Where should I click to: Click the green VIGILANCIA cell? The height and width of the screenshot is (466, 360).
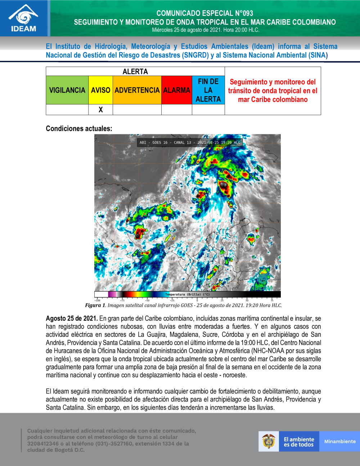pyautogui.click(x=67, y=90)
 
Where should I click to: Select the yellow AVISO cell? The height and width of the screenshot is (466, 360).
pyautogui.click(x=100, y=90)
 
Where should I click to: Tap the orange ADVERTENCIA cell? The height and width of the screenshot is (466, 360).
pyautogui.click(x=137, y=90)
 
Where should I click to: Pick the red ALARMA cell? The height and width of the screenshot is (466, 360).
pyautogui.click(x=176, y=90)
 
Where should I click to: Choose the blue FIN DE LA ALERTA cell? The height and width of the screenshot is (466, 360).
pyautogui.click(x=208, y=90)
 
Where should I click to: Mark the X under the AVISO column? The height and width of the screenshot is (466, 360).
pyautogui.click(x=101, y=110)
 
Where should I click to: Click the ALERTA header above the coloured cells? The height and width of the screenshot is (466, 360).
pyautogui.click(x=135, y=71)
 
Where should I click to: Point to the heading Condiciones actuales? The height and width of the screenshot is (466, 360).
pyautogui.click(x=79, y=129)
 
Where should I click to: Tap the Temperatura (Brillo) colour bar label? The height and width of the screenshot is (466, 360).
pyautogui.click(x=187, y=295)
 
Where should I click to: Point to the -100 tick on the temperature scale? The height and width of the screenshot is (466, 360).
pyautogui.click(x=97, y=300)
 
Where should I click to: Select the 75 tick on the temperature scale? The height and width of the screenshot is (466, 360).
pyautogui.click(x=272, y=300)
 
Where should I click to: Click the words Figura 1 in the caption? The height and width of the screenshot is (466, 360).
pyautogui.click(x=95, y=305)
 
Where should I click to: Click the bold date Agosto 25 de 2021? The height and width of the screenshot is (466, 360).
pyautogui.click(x=72, y=318)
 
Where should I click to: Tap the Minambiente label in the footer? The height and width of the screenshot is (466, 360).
pyautogui.click(x=339, y=442)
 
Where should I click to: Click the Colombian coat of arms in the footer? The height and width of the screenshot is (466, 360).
pyautogui.click(x=269, y=441)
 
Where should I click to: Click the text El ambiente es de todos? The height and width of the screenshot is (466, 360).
pyautogui.click(x=299, y=442)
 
